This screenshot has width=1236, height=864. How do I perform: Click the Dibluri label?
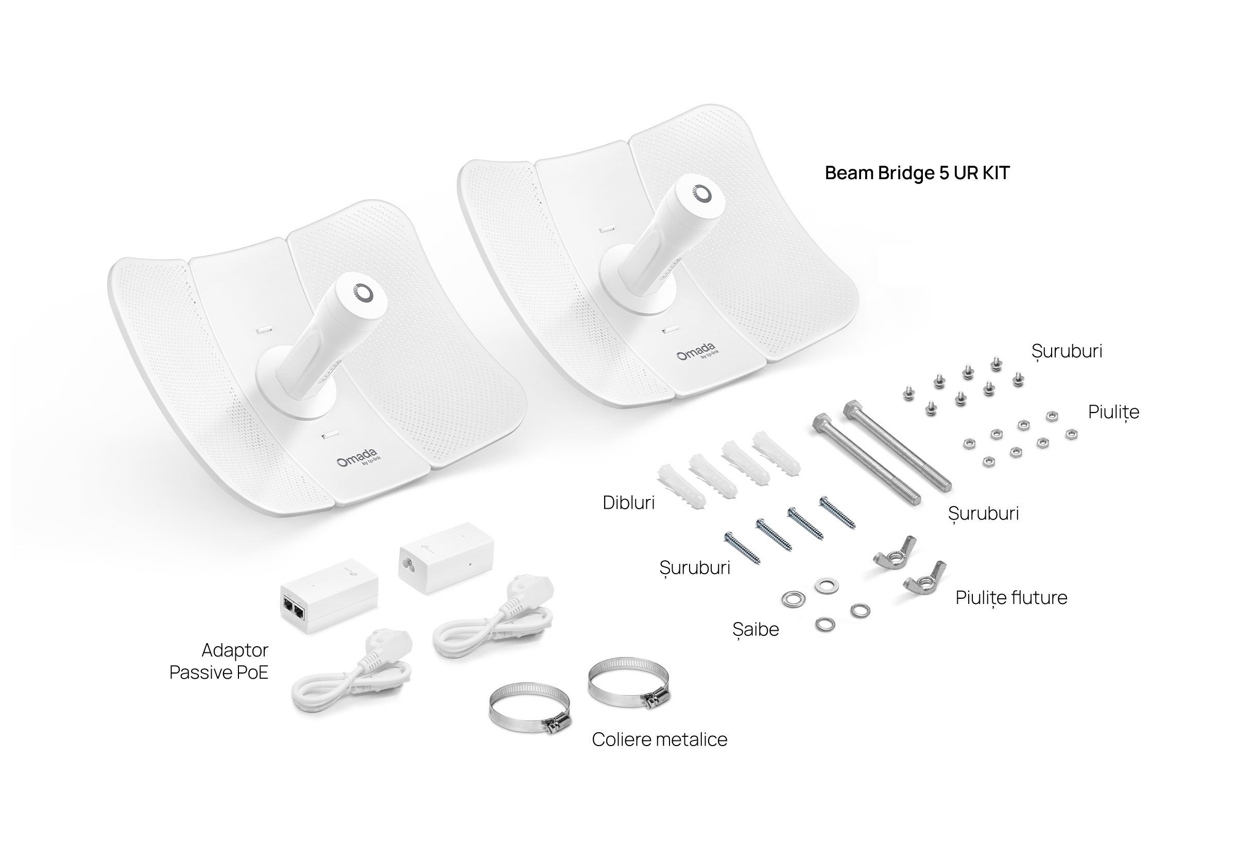pos(629,502)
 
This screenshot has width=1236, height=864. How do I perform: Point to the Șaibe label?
pos(756,628)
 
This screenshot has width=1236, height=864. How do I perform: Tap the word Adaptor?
pos(235,650)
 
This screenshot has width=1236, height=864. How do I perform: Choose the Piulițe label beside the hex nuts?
pos(1114,412)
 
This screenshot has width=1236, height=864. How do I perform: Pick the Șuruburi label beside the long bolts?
pos(984,512)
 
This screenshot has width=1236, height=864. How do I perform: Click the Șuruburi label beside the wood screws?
pos(695,567)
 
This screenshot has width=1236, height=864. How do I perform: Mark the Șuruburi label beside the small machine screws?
pos(1067,351)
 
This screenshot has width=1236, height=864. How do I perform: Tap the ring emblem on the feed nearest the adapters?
pos(363,292)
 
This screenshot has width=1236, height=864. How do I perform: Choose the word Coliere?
pos(622,739)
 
